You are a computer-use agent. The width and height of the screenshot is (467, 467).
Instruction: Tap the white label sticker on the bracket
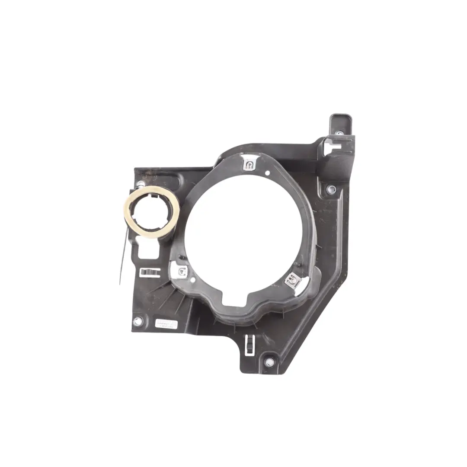[166, 325]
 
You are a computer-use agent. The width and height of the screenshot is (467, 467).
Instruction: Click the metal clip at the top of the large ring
[249, 164]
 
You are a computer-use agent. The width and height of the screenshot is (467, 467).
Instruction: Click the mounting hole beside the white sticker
[138, 321]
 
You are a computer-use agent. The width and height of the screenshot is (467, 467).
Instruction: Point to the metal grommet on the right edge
[331, 189]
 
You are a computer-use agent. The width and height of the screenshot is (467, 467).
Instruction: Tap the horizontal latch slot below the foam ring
[148, 272]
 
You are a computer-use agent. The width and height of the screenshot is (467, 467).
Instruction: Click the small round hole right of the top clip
[268, 173]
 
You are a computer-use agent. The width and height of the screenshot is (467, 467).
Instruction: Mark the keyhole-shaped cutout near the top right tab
[333, 147]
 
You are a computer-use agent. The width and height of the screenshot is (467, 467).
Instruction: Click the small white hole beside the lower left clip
[192, 280]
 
